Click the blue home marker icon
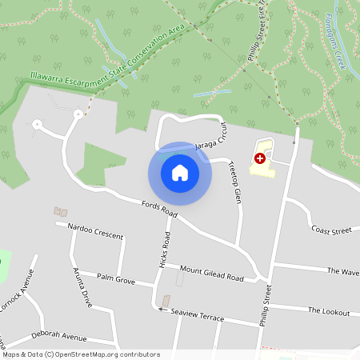pyautogui.click(x=179, y=172)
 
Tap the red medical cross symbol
pyautogui.click(x=259, y=159)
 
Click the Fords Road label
pyautogui.click(x=158, y=210)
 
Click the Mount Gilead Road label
pyautogui.click(x=211, y=273)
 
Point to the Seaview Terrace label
pyautogui.click(x=198, y=314)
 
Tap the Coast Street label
pyautogui.click(x=331, y=230)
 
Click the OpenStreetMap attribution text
pyautogui.click(x=81, y=354)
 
